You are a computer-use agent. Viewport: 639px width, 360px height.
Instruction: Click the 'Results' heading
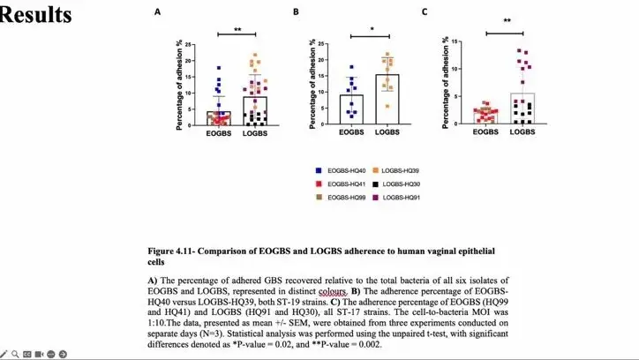(x=37, y=15)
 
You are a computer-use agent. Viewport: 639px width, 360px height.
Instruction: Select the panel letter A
(x=157, y=12)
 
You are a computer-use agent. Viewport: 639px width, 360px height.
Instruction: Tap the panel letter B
(x=296, y=12)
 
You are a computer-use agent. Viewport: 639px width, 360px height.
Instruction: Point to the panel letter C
(x=425, y=12)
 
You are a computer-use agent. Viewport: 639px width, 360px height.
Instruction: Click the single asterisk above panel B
(x=372, y=29)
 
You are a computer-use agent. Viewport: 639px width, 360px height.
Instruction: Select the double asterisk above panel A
(x=237, y=30)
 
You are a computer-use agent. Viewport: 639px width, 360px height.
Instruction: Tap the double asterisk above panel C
(x=507, y=21)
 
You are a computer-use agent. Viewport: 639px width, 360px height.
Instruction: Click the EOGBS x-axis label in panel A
(x=220, y=133)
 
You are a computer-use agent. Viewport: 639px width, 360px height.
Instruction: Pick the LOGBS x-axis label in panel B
(x=387, y=133)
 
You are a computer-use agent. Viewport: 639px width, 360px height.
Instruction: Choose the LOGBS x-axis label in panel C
(x=522, y=131)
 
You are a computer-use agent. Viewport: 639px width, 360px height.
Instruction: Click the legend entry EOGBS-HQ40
(x=346, y=169)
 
